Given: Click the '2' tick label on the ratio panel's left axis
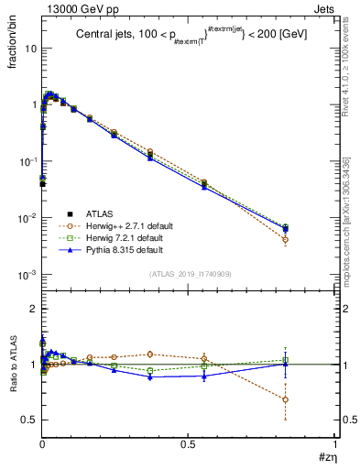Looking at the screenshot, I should click(32, 310).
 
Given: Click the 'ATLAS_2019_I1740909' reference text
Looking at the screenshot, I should click(189, 275).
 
